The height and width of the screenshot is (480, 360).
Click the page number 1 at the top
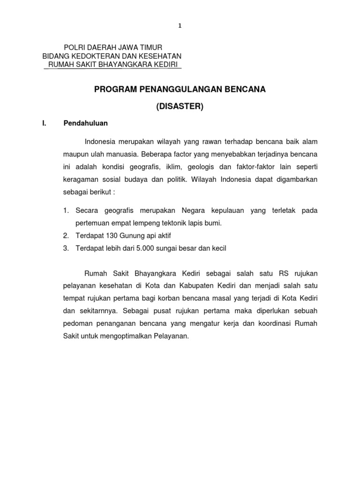point(180,26)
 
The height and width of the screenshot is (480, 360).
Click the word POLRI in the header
point(74,47)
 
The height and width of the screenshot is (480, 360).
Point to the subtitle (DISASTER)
point(180,106)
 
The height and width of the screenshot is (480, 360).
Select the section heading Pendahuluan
point(86,123)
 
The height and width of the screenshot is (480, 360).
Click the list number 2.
point(66,236)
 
